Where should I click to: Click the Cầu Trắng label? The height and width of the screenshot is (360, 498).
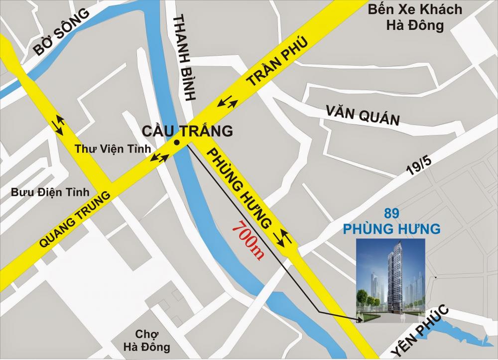pos(187,131)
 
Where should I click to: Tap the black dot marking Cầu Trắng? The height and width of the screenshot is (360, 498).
pos(176,143)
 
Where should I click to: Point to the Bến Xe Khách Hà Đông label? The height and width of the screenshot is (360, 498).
pos(414,17)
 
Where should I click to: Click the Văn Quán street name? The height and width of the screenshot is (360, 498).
pos(363,116)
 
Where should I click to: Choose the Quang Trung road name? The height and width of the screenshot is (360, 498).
pos(74,220)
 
